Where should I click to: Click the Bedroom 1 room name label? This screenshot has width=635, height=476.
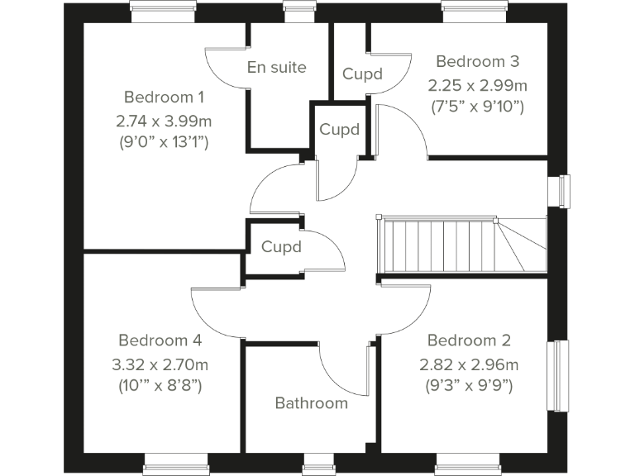pyautogui.click(x=164, y=96)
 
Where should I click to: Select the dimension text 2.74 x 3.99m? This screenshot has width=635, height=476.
pyautogui.click(x=164, y=121)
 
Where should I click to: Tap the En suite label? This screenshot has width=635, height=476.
pyautogui.click(x=276, y=67)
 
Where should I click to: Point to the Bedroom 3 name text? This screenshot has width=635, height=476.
pyautogui.click(x=477, y=61)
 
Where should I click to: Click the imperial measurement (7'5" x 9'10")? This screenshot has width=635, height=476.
pyautogui.click(x=477, y=106)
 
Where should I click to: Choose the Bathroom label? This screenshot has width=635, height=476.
pyautogui.click(x=311, y=403)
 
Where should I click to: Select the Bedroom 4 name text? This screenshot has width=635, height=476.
pyautogui.click(x=160, y=340)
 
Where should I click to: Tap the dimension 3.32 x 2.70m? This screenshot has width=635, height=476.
pyautogui.click(x=160, y=364)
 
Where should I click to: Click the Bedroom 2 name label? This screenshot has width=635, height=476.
pyautogui.click(x=469, y=340)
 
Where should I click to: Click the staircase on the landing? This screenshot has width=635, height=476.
pyautogui.click(x=461, y=245)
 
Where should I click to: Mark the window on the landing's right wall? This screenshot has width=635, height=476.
pyautogui.click(x=565, y=191)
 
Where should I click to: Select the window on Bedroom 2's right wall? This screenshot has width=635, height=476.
pyautogui.click(x=563, y=374)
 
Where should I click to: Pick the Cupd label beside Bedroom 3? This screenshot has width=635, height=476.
pyautogui.click(x=362, y=74)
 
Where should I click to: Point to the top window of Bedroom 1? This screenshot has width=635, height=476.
pyautogui.click(x=163, y=9)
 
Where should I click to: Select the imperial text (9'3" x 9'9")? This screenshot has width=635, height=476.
pyautogui.click(x=470, y=385)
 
